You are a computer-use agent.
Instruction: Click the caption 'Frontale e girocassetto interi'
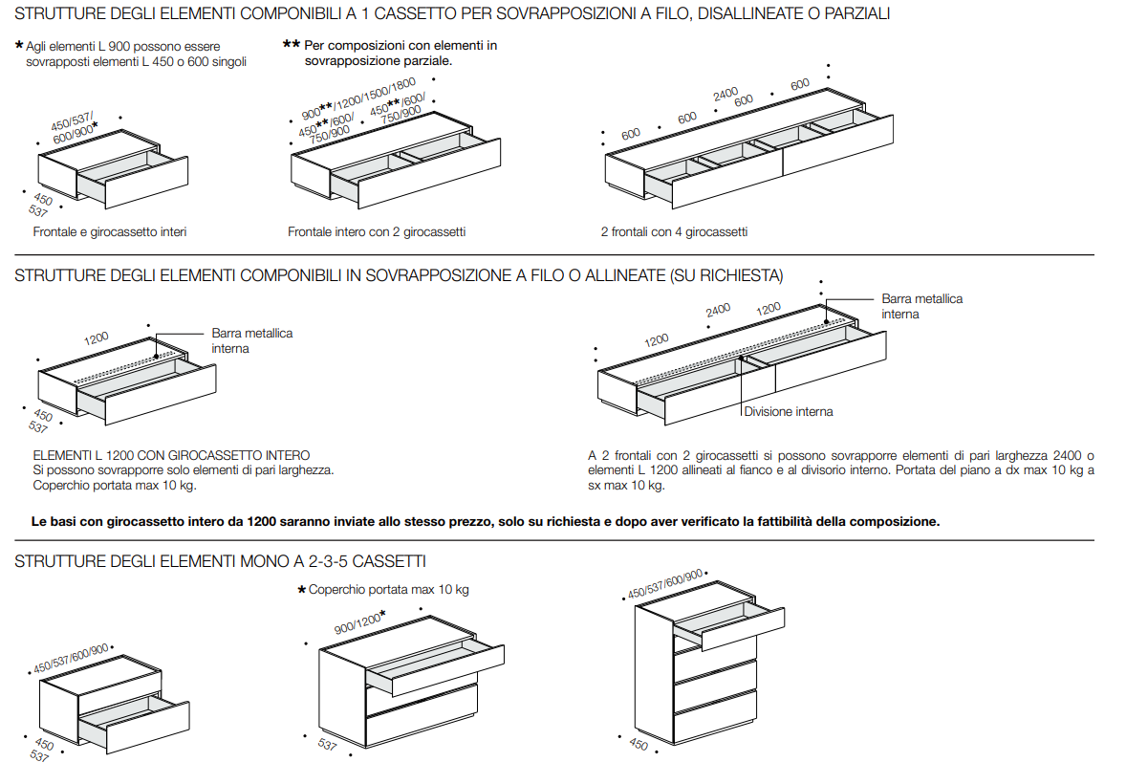[x=109, y=232]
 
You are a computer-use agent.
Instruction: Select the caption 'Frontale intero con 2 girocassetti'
[x=377, y=232]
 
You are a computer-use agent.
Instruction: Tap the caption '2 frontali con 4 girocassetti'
[x=674, y=232]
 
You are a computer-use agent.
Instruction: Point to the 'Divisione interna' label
[x=789, y=412]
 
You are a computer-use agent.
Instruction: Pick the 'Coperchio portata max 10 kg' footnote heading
[x=388, y=590]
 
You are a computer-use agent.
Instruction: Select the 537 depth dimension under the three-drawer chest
[x=328, y=745]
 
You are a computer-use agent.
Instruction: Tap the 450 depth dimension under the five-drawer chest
[x=639, y=744]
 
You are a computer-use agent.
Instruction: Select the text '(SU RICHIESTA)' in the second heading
[x=726, y=275]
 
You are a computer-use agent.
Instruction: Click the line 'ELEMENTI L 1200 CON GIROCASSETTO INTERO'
[x=172, y=456]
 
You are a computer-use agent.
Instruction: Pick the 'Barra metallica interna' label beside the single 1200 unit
[x=251, y=340]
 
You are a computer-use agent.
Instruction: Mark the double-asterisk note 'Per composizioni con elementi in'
[x=400, y=46]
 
